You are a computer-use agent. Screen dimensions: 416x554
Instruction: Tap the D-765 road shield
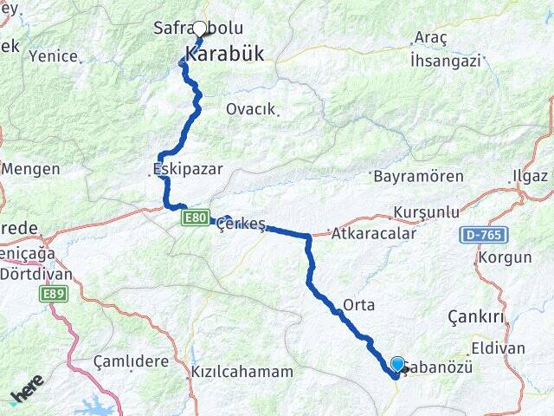coord(491,235)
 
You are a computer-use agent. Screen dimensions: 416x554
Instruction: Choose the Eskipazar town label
coord(187,169)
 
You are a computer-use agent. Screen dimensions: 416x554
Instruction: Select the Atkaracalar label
coord(375,233)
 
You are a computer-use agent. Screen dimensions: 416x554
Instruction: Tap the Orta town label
coord(358,305)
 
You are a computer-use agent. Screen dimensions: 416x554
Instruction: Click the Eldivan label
coord(498,348)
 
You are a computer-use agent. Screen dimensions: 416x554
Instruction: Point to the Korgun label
coord(504,258)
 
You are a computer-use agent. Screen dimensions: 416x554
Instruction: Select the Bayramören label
coord(418,176)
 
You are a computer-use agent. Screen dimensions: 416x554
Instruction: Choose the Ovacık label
coord(250,109)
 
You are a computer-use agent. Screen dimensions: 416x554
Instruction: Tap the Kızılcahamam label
coord(242,372)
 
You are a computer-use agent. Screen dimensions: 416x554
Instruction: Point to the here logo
coord(27,392)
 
